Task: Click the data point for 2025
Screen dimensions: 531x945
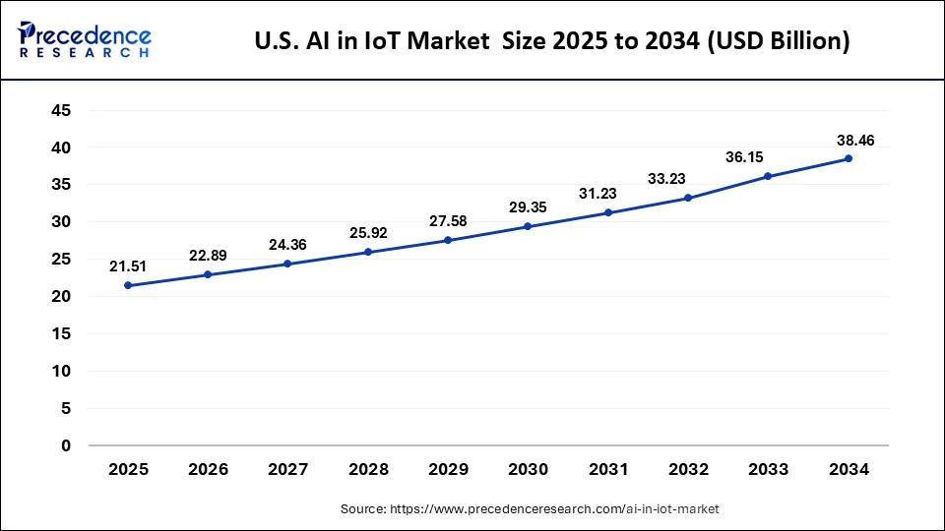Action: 128,285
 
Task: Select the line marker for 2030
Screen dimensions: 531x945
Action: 528,226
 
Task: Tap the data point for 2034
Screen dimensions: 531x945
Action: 848,158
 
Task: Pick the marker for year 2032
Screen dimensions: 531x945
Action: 688,198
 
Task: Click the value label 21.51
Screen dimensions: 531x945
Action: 128,265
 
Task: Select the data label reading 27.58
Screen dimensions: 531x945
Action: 448,220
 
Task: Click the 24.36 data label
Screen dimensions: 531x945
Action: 287,245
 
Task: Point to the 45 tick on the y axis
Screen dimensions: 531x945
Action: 61,111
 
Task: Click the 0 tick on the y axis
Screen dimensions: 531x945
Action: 66,445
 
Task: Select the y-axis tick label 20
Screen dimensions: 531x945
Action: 61,296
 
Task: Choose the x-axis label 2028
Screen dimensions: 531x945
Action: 368,470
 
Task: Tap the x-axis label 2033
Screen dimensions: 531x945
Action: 768,470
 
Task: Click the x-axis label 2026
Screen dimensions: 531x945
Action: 208,470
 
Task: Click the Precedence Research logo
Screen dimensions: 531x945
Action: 85,39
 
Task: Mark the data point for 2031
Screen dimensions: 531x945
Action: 608,212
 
